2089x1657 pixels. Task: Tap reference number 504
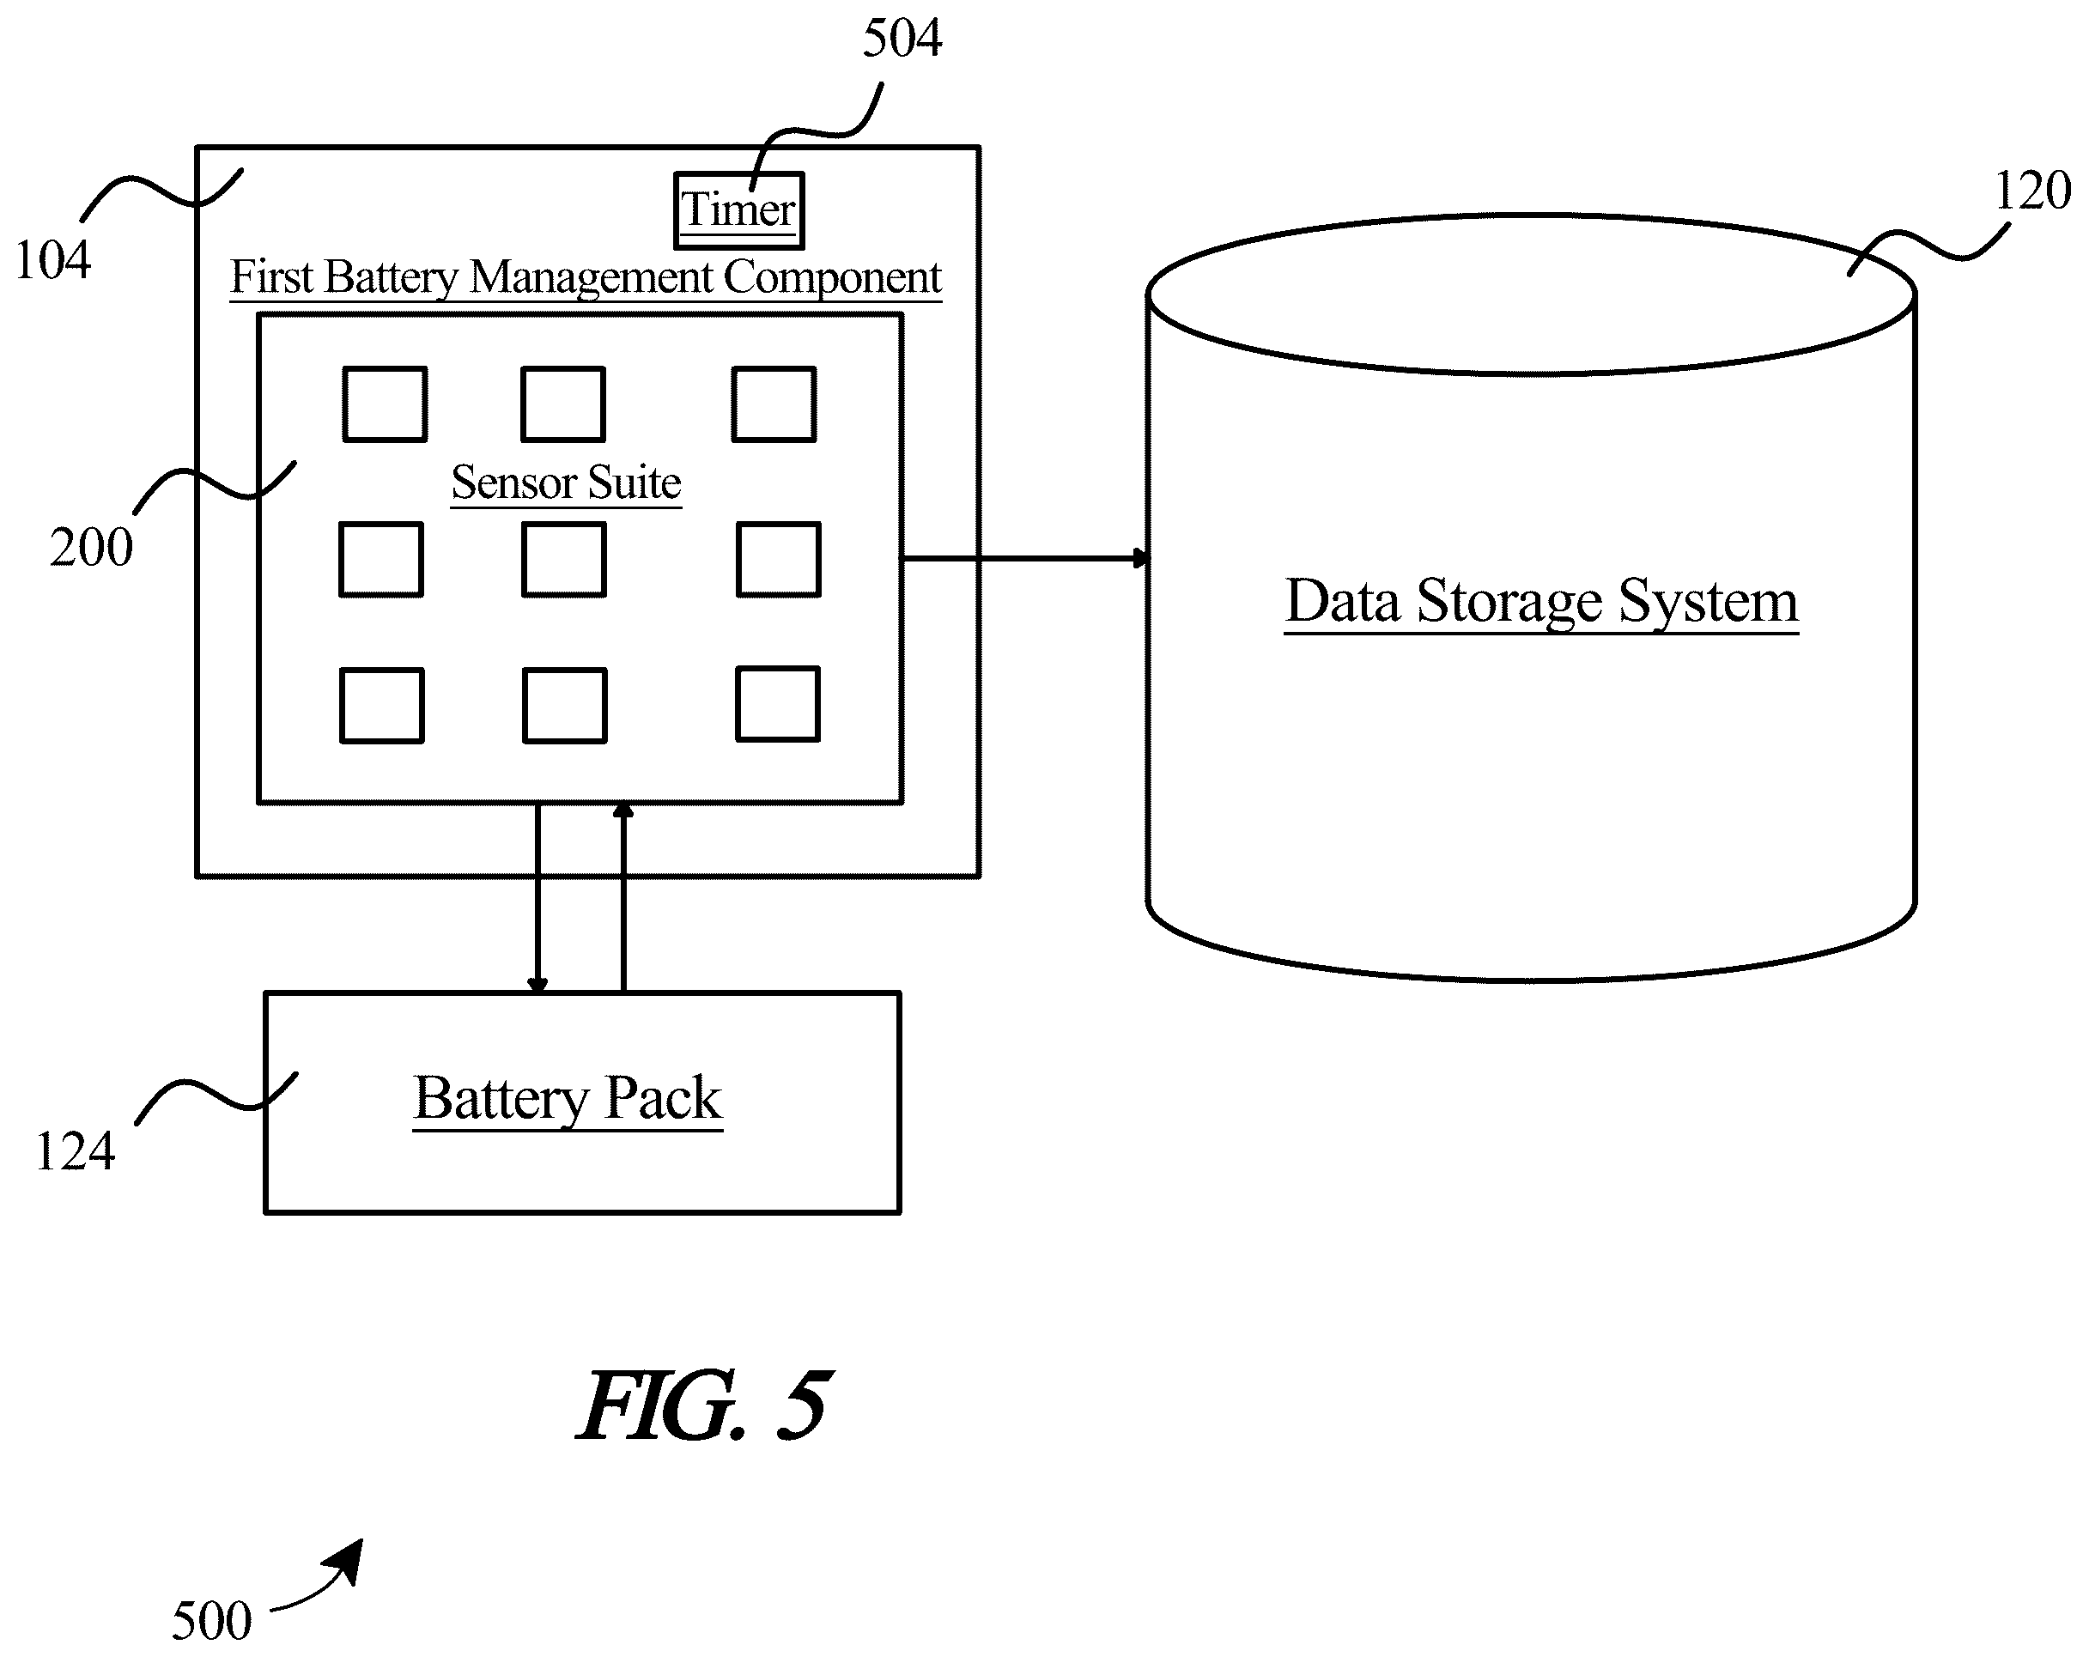[x=902, y=39]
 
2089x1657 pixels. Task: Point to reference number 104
[x=52, y=259]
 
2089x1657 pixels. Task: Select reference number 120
[x=2031, y=190]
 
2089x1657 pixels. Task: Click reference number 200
[x=91, y=548]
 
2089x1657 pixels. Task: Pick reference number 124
[x=75, y=1152]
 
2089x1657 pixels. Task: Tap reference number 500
[x=211, y=1620]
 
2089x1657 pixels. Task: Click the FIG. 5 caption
[x=704, y=1405]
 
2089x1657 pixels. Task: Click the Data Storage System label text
[x=1541, y=601]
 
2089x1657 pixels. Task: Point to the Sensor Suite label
[x=567, y=483]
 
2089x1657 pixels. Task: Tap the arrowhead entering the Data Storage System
[x=1140, y=558]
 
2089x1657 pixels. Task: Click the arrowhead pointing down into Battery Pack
[x=537, y=985]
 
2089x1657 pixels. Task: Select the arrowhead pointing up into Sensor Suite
[x=623, y=810]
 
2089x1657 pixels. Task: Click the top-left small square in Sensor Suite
[x=385, y=404]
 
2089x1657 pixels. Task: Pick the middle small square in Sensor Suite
[x=564, y=559]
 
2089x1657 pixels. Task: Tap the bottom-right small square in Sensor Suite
[x=778, y=703]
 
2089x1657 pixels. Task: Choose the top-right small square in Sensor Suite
[x=774, y=404]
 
